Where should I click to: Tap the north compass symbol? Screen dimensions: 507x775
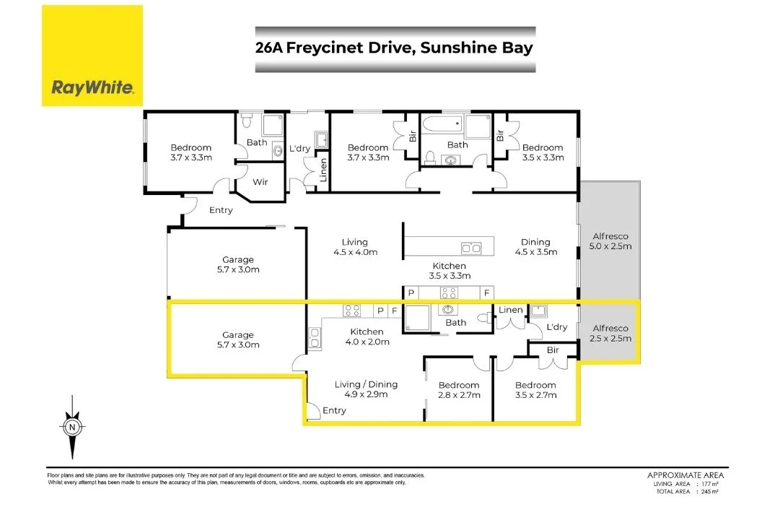72,426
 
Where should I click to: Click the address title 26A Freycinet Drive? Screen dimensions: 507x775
395,49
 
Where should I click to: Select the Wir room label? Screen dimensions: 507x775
260,182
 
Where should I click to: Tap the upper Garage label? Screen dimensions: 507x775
237,264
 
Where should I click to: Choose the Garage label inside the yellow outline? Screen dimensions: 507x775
237,339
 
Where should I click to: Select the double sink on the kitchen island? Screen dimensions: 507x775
472,248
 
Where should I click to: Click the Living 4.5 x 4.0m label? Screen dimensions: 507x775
355,247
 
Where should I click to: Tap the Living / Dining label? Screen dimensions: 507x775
366,389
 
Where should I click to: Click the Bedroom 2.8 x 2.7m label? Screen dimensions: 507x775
459,390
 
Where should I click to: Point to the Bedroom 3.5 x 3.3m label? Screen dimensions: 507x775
543,152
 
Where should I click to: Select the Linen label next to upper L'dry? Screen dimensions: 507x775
323,170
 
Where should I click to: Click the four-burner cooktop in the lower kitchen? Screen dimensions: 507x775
352,311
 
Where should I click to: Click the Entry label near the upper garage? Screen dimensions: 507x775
221,210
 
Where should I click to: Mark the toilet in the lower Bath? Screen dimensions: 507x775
483,318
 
